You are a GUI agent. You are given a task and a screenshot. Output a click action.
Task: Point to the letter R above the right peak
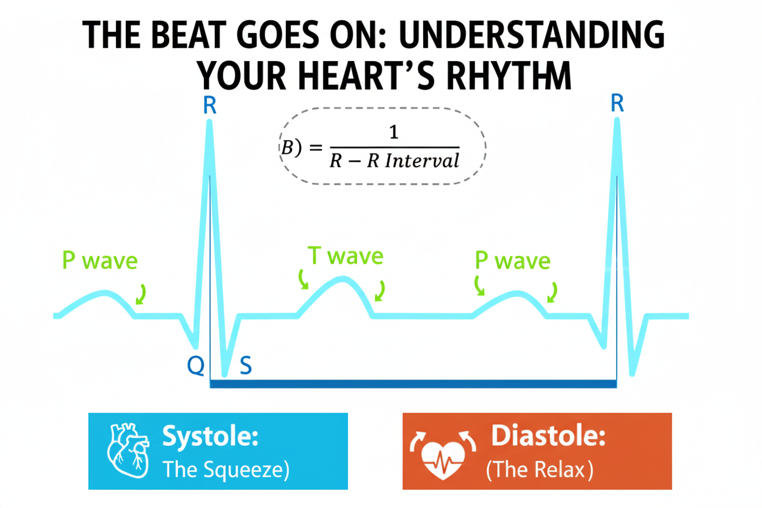click(x=617, y=104)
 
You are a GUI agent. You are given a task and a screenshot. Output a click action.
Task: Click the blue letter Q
click(x=195, y=365)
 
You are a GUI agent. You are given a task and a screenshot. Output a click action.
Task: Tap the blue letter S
click(x=245, y=365)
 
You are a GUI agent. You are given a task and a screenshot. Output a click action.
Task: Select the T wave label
click(x=345, y=256)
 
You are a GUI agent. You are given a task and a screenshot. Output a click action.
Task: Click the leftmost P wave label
click(x=100, y=261)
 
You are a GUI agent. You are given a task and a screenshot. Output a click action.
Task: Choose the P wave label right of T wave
click(x=513, y=261)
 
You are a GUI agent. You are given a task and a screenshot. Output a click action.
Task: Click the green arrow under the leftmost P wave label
click(x=141, y=294)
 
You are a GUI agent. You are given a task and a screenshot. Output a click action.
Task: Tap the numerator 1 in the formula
click(x=394, y=132)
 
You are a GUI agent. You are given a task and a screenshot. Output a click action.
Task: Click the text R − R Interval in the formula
click(x=394, y=161)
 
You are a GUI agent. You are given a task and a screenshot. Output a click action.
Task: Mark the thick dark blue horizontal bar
click(x=413, y=383)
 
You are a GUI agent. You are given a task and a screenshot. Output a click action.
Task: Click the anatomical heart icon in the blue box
click(x=128, y=451)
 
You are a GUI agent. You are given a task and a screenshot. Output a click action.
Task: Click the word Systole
click(x=210, y=437)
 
